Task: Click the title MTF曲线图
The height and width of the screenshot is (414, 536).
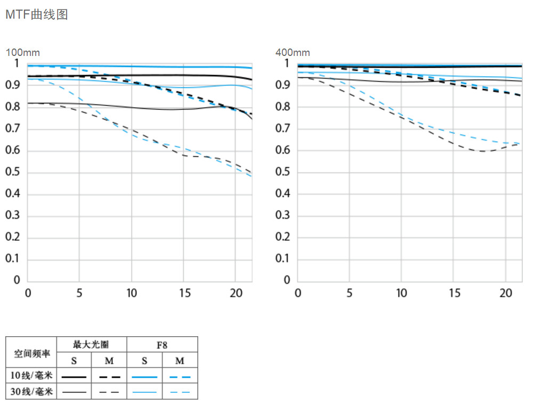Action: (x=36, y=15)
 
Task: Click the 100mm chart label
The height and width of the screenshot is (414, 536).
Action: (x=22, y=53)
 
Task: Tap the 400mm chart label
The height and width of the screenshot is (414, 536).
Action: (x=293, y=53)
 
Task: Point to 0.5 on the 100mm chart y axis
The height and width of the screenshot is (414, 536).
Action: (x=12, y=172)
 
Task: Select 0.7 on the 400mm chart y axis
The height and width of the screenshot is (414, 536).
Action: (x=282, y=128)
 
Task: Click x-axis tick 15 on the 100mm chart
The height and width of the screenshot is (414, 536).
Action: (x=183, y=293)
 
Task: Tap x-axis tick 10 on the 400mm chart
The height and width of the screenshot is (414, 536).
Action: (x=401, y=293)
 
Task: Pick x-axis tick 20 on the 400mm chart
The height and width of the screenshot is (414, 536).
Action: (x=505, y=293)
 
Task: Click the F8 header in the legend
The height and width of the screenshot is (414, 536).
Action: (x=162, y=345)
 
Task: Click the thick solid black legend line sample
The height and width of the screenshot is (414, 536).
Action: (x=74, y=376)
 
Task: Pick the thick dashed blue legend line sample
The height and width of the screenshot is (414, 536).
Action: (x=180, y=376)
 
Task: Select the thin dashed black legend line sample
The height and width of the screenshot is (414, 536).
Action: (x=109, y=392)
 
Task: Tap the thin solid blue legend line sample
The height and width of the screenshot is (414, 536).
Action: (x=144, y=392)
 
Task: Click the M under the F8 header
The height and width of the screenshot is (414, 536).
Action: (x=180, y=361)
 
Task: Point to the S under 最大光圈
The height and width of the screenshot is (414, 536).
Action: (x=74, y=361)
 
